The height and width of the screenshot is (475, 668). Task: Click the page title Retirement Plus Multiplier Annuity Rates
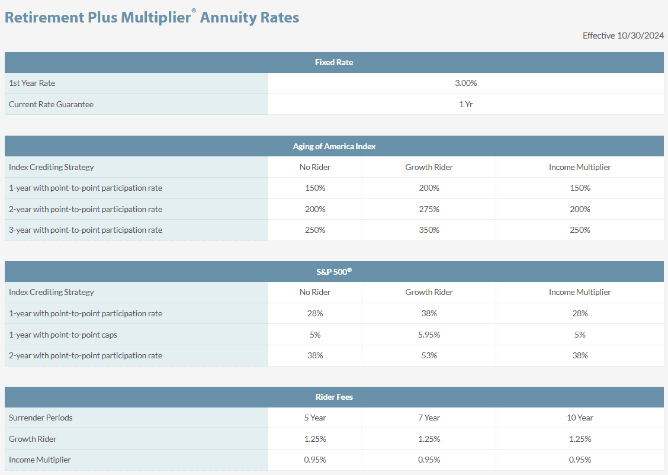coord(152,17)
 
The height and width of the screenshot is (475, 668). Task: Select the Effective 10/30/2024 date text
coord(623,36)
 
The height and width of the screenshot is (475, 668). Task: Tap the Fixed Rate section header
coord(334,62)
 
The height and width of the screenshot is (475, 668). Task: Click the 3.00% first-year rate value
coord(465,83)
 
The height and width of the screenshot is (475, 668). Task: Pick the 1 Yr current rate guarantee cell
coord(465,104)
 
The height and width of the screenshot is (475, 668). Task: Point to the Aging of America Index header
coord(334,146)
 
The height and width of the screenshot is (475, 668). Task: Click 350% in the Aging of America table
coord(429,230)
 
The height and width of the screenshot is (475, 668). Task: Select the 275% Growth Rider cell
coord(429,209)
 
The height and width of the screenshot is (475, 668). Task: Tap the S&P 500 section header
coord(334,271)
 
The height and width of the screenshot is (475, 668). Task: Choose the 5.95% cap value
coord(429,335)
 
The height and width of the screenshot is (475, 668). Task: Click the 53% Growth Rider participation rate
coord(429,355)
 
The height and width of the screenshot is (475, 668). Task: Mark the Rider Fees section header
coord(334,397)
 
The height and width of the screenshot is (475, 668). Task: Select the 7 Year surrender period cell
coord(429,418)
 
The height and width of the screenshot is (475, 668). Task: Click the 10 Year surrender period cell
coord(580,418)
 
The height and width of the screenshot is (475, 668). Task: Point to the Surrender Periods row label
coord(41,418)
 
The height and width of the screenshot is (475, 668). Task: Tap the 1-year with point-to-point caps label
coord(63,335)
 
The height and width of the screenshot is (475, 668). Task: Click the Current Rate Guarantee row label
coord(51,104)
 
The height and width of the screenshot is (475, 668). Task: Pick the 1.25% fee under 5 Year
coord(315,439)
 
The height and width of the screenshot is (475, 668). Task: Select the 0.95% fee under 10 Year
coord(580,460)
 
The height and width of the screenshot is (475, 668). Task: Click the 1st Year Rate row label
coord(32,83)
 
